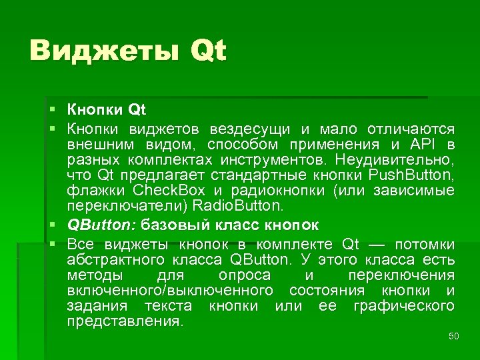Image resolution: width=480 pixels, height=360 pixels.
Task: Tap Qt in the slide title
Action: [x=208, y=52]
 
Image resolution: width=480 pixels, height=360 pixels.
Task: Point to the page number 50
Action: [x=454, y=336]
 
